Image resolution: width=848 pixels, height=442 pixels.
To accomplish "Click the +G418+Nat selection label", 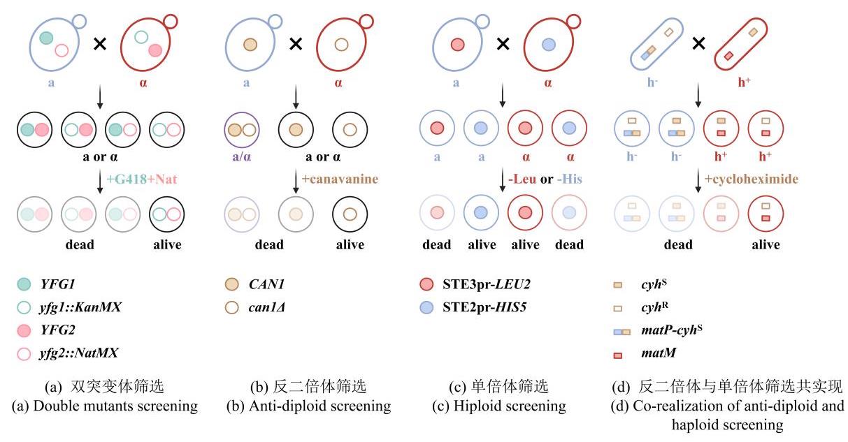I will (142, 179).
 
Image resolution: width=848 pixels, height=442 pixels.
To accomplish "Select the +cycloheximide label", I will (751, 179).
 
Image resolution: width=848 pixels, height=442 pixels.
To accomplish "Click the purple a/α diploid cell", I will (242, 130).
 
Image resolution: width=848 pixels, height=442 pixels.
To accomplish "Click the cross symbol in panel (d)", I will (698, 44).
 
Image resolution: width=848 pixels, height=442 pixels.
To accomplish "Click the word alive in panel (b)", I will (350, 244).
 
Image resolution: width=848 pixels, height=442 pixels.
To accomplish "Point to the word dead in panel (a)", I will (79, 244).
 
